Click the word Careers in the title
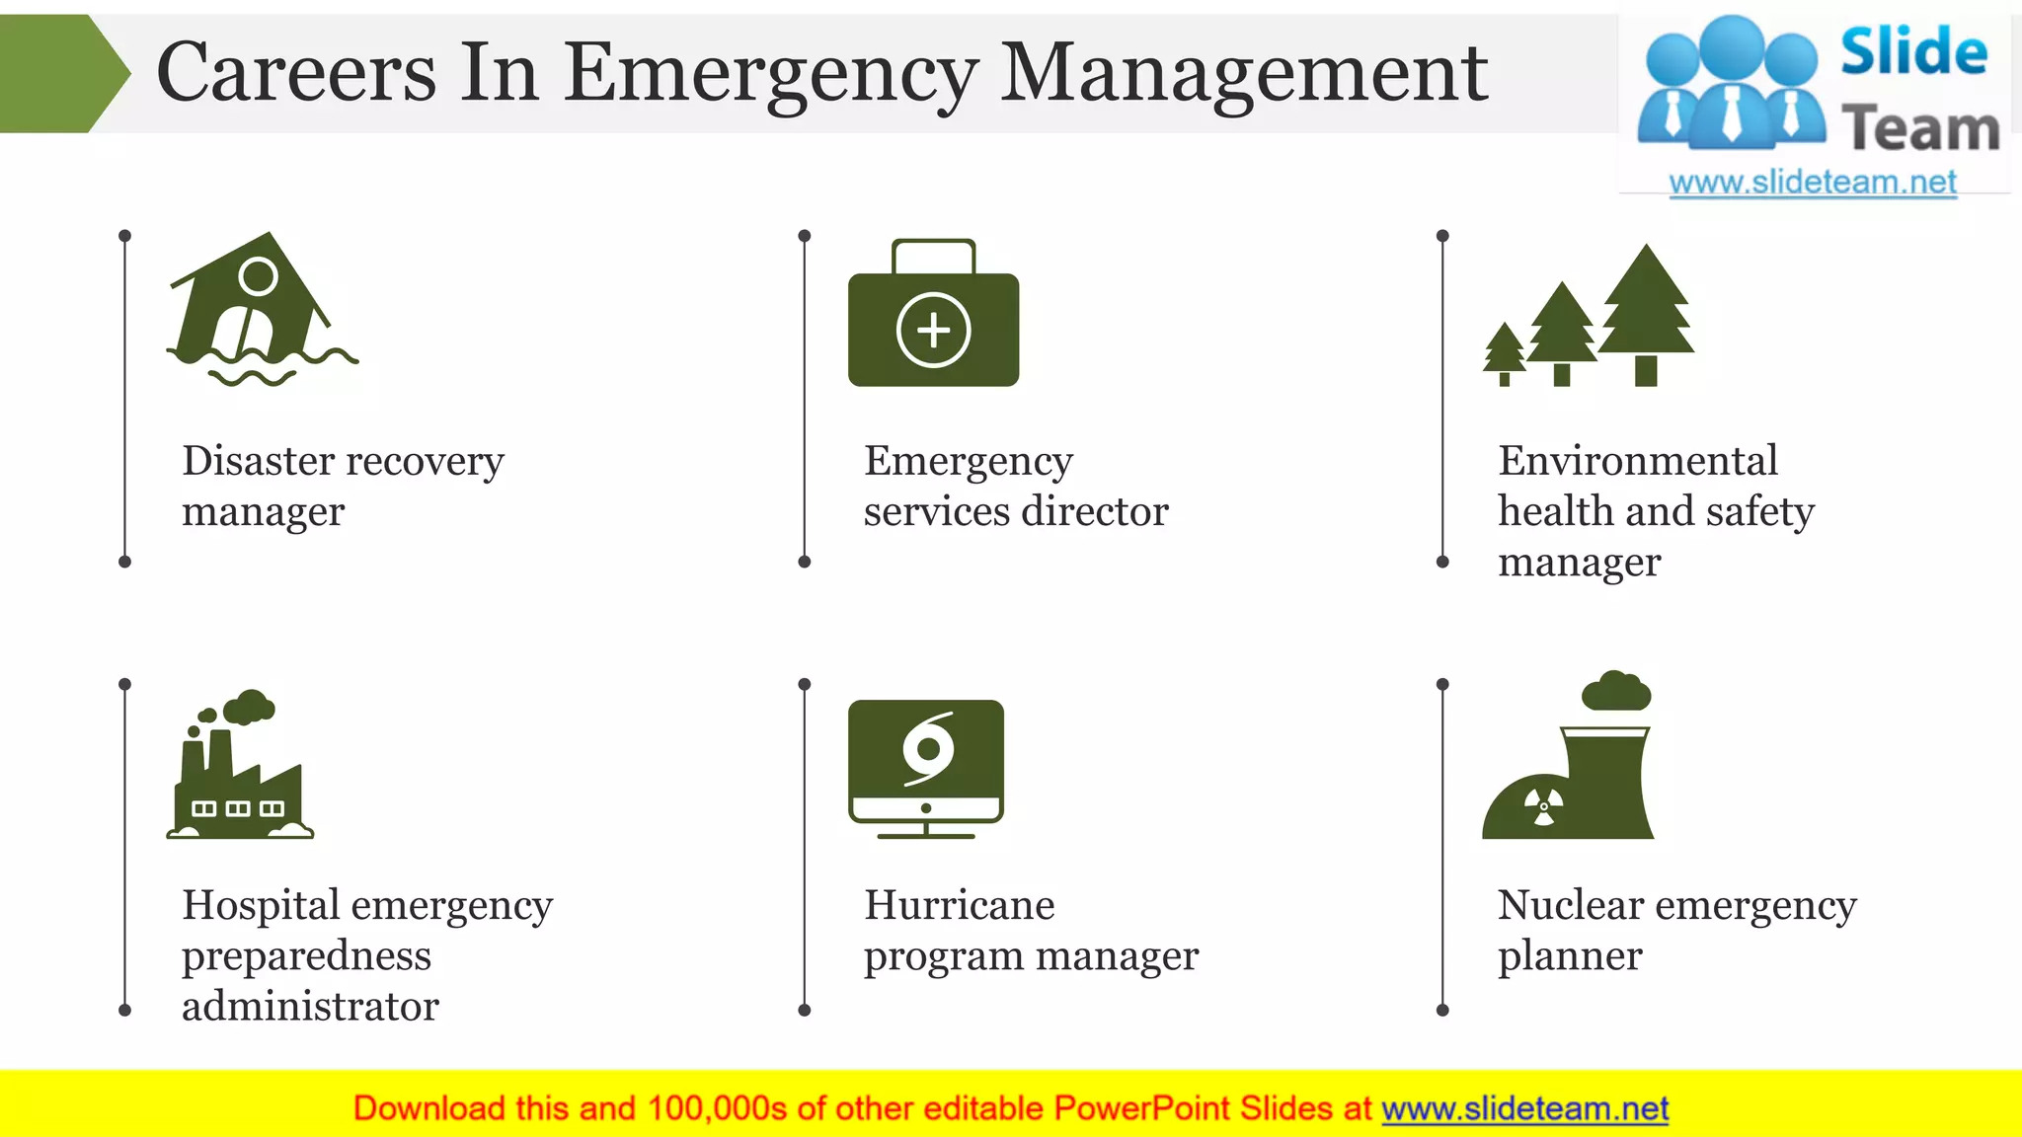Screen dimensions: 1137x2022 tap(296, 73)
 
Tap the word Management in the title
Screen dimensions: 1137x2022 tap(1244, 73)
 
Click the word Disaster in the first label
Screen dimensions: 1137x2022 tap(259, 461)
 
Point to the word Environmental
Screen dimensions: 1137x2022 tap(1638, 461)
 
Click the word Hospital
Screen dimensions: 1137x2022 tap(261, 905)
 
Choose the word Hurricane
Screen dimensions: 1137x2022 tap(959, 905)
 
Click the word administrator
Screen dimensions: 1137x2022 tap(310, 1007)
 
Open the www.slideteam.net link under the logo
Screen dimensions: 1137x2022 tap(1813, 183)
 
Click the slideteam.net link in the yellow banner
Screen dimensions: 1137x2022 tap(1524, 1109)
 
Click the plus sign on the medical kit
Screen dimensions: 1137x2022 tap(933, 330)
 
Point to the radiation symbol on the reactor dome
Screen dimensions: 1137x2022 tap(1544, 805)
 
